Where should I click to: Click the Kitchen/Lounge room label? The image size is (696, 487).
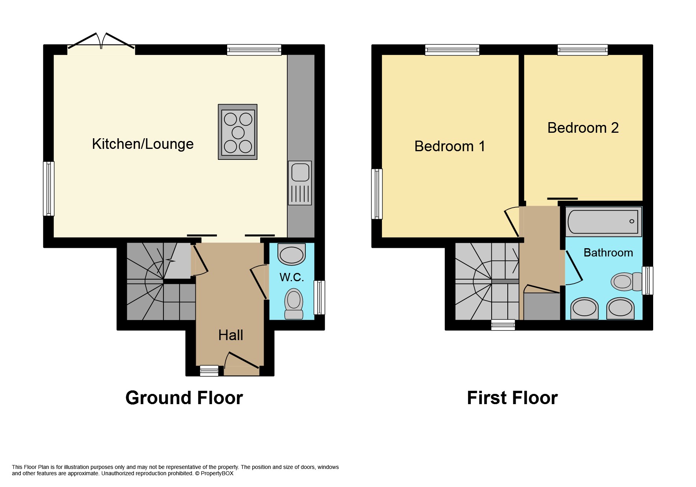pos(143,144)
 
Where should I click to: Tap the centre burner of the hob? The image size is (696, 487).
pos(238,133)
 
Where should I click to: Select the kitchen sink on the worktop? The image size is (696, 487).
pos(300,173)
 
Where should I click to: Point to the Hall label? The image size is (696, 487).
pos(231,335)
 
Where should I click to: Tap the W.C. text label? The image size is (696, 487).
pos(292,277)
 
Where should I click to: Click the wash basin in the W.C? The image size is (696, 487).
pos(292,254)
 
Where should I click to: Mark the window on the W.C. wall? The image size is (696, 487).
pos(320,297)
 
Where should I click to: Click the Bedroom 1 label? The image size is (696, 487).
pos(450,146)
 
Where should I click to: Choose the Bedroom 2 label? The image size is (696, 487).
pos(583,128)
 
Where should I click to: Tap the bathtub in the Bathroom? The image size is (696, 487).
pos(603,222)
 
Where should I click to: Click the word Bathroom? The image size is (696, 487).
pos(608,253)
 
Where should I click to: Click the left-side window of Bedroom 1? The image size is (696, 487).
pos(376,194)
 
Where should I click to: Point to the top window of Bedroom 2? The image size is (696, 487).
pos(582,49)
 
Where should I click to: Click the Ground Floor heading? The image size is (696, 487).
pos(184,398)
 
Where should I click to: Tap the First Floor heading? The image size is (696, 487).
pos(512,398)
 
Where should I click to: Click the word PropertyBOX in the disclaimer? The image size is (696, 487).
pos(217,473)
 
